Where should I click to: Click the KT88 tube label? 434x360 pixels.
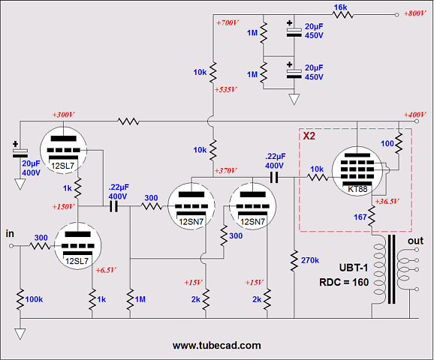pos(357,190)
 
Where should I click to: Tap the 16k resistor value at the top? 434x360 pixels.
pos(340,7)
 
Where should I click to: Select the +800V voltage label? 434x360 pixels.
pos(414,13)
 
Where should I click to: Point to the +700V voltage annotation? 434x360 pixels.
pos(228,22)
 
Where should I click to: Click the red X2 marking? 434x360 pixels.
pos(309,136)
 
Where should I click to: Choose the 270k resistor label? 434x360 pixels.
pos(310,260)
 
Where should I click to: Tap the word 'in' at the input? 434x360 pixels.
pos(10,234)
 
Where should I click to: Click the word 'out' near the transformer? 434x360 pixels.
pos(415,241)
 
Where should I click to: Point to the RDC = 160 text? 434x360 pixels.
pos(344,282)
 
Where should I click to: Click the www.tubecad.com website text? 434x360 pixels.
pos(217,345)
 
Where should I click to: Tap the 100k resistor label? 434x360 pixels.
pos(34,299)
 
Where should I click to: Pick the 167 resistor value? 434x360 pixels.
pos(360,217)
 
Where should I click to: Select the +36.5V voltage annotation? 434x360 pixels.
pos(387,201)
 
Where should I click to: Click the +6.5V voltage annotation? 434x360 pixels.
pos(106,270)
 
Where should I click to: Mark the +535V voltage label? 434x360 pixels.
pos(226,89)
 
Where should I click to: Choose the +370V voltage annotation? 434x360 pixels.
pos(225,170)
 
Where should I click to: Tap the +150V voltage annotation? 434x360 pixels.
pos(63,206)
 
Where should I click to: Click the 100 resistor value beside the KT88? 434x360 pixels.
pos(387,143)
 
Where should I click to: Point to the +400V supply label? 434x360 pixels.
pos(414,115)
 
